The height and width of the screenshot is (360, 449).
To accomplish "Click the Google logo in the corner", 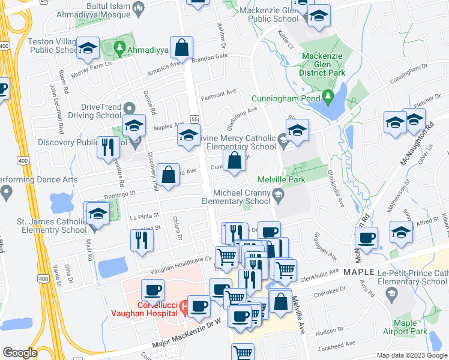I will [x=20, y=353].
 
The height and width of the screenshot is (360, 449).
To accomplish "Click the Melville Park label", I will [x=281, y=179].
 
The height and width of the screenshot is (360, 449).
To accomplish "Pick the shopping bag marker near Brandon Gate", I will [x=181, y=47].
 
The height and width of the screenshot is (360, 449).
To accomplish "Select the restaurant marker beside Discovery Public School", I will [x=108, y=147].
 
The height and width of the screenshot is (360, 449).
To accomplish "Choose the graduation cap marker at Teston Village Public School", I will [x=88, y=50].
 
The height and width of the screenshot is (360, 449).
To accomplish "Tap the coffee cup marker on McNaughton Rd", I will [x=366, y=237].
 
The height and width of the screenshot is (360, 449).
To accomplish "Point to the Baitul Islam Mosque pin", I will [x=139, y=8].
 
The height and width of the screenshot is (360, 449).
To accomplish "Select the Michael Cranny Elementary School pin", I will [x=277, y=193].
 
